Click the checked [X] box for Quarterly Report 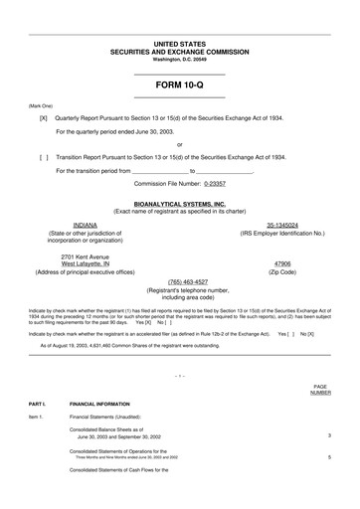(43, 117)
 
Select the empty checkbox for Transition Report (43, 157)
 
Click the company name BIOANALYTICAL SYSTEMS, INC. (179, 203)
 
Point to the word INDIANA (85, 225)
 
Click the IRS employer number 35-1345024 (281, 225)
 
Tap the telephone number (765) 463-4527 (179, 281)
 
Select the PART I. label (38, 405)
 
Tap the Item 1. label (37, 420)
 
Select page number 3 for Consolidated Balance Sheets (329, 435)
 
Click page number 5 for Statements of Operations (329, 456)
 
